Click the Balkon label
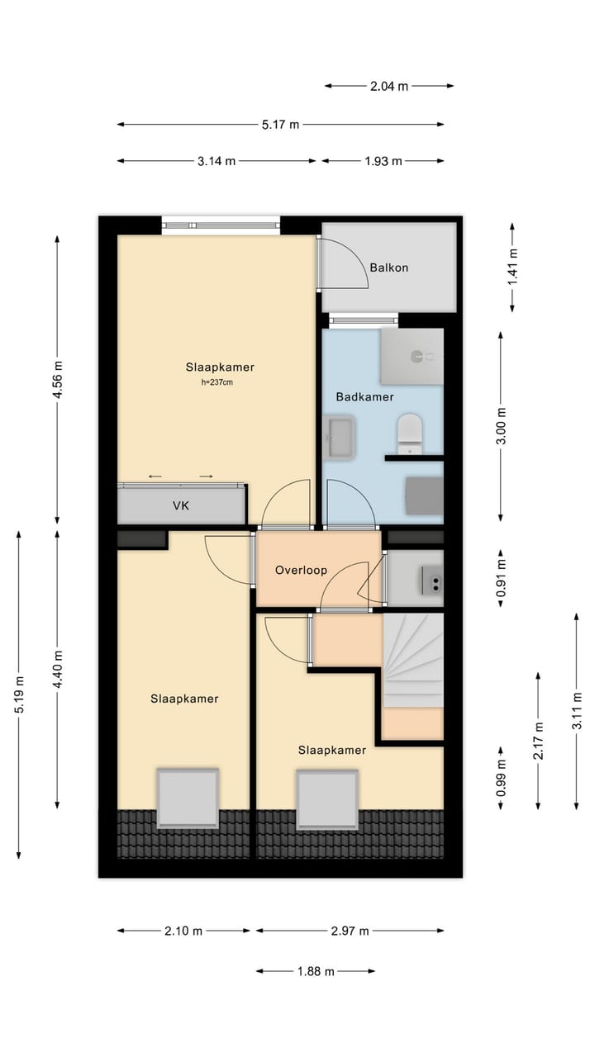pyautogui.click(x=388, y=268)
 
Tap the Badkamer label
pyautogui.click(x=364, y=397)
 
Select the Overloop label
pyautogui.click(x=301, y=570)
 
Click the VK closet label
pyautogui.click(x=181, y=506)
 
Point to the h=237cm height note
pyautogui.click(x=217, y=382)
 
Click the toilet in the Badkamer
pyautogui.click(x=409, y=434)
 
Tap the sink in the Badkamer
pyautogui.click(x=339, y=437)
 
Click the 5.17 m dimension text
pyautogui.click(x=280, y=125)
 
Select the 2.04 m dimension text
pyautogui.click(x=388, y=87)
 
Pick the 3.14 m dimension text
pyautogui.click(x=217, y=161)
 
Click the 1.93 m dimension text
pyautogui.click(x=383, y=161)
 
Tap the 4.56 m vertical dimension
pyautogui.click(x=58, y=379)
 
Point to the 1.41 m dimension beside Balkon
pyautogui.click(x=513, y=267)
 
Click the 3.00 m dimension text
pyautogui.click(x=501, y=425)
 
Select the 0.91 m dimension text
pyautogui.click(x=501, y=577)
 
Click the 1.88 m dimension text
pyautogui.click(x=316, y=971)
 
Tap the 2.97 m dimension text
pyautogui.click(x=350, y=931)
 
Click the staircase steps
pyautogui.click(x=412, y=660)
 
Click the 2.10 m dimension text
pyautogui.click(x=183, y=931)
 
